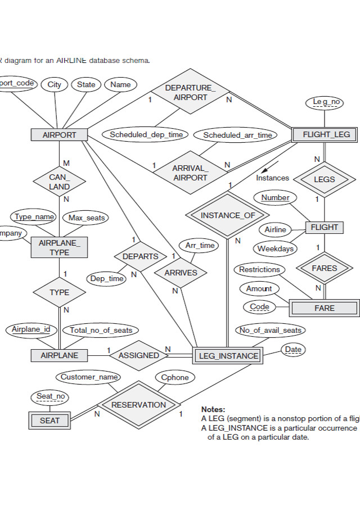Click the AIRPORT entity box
[x=59, y=135]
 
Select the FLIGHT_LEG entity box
[x=326, y=135]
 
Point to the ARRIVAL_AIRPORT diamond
[x=190, y=173]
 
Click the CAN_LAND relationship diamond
[x=59, y=182]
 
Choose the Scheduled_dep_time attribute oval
[x=146, y=135]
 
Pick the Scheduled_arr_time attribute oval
[x=237, y=135]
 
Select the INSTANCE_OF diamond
[x=228, y=215]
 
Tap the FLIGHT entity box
[x=324, y=227]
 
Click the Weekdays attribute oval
[x=275, y=249]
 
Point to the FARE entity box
[x=324, y=308]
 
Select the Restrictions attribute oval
[x=259, y=270]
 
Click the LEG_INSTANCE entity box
[x=228, y=356]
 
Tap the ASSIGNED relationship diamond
[x=138, y=355]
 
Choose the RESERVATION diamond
[x=138, y=405]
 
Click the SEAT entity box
[x=49, y=420]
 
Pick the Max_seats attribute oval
[x=87, y=218]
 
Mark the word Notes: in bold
[x=213, y=410]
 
